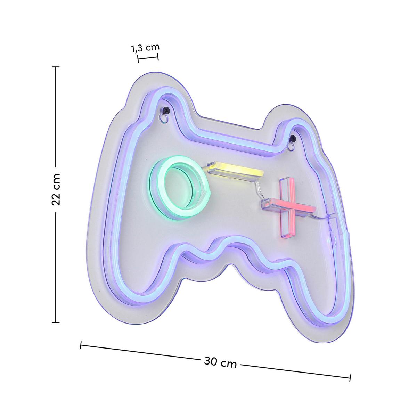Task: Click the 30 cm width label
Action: coord(220,362)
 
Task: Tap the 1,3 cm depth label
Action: coord(145,48)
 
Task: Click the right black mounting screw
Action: coord(293,138)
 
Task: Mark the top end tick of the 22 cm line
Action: coord(56,67)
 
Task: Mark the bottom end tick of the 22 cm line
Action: coord(56,322)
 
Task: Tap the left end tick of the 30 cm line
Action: coord(81,345)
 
